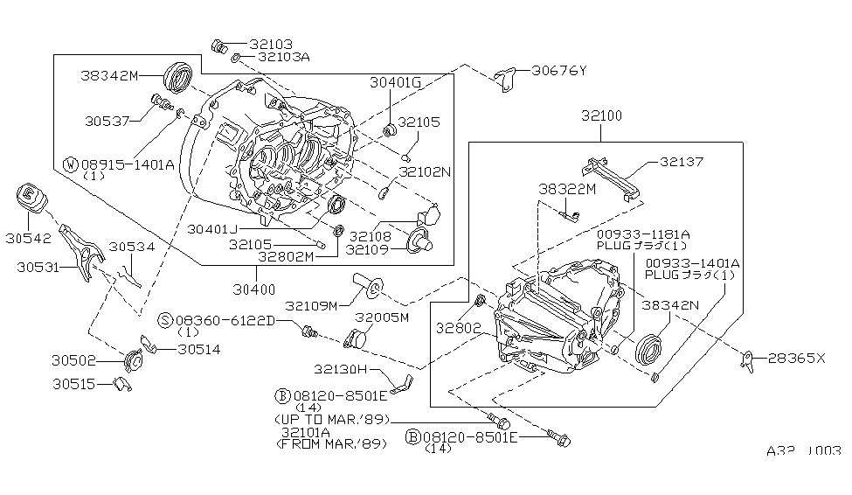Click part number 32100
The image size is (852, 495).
coord(599,115)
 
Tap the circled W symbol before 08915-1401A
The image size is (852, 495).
coord(70,164)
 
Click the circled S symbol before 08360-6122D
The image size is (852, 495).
coord(164,321)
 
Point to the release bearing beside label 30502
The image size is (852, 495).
coord(133,359)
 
